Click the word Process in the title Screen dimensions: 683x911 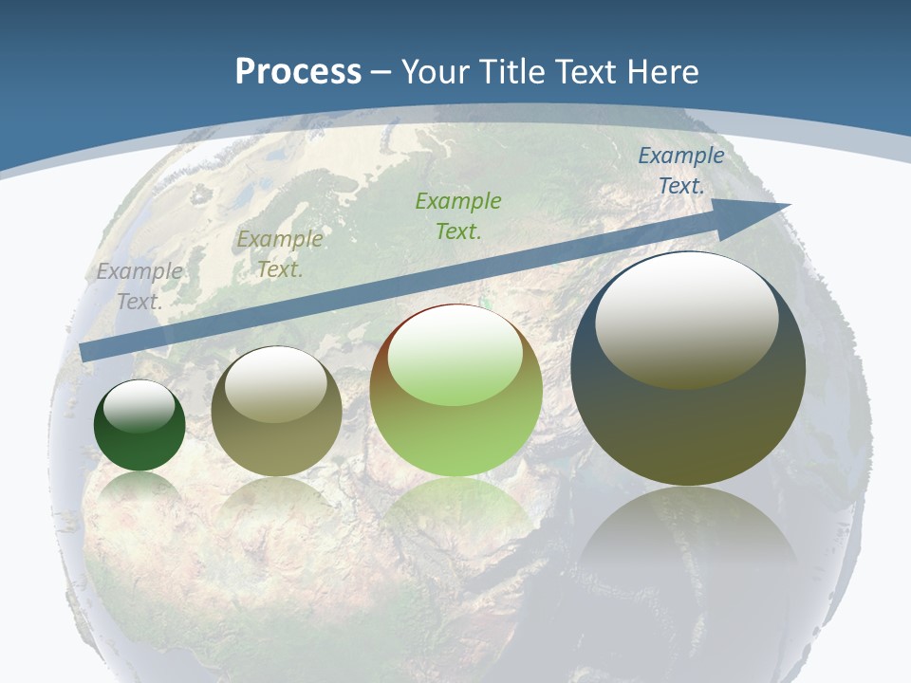298,72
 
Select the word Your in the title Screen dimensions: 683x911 433,72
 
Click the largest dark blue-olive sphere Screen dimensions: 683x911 688,417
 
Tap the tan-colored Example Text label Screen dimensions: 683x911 280,254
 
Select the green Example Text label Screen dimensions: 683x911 458,215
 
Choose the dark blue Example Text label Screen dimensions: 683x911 680,171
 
